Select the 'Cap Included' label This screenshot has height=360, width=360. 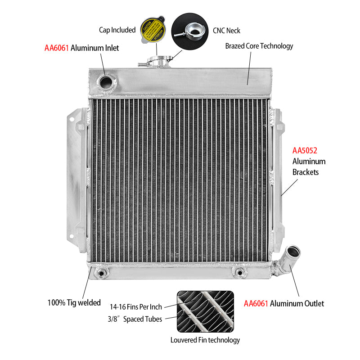click(x=117, y=30)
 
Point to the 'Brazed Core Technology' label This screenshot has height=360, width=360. click(x=259, y=46)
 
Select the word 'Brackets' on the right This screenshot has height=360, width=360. click(x=306, y=172)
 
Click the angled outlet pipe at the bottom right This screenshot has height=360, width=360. click(x=288, y=258)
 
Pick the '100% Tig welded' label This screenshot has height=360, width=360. click(x=74, y=302)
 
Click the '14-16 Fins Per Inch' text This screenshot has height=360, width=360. click(x=135, y=307)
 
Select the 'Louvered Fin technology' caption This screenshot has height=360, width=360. click(x=205, y=340)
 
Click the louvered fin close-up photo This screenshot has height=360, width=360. click(x=205, y=310)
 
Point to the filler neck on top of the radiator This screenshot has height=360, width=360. click(x=157, y=62)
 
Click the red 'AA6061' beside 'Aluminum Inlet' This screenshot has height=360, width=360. click(x=56, y=48)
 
